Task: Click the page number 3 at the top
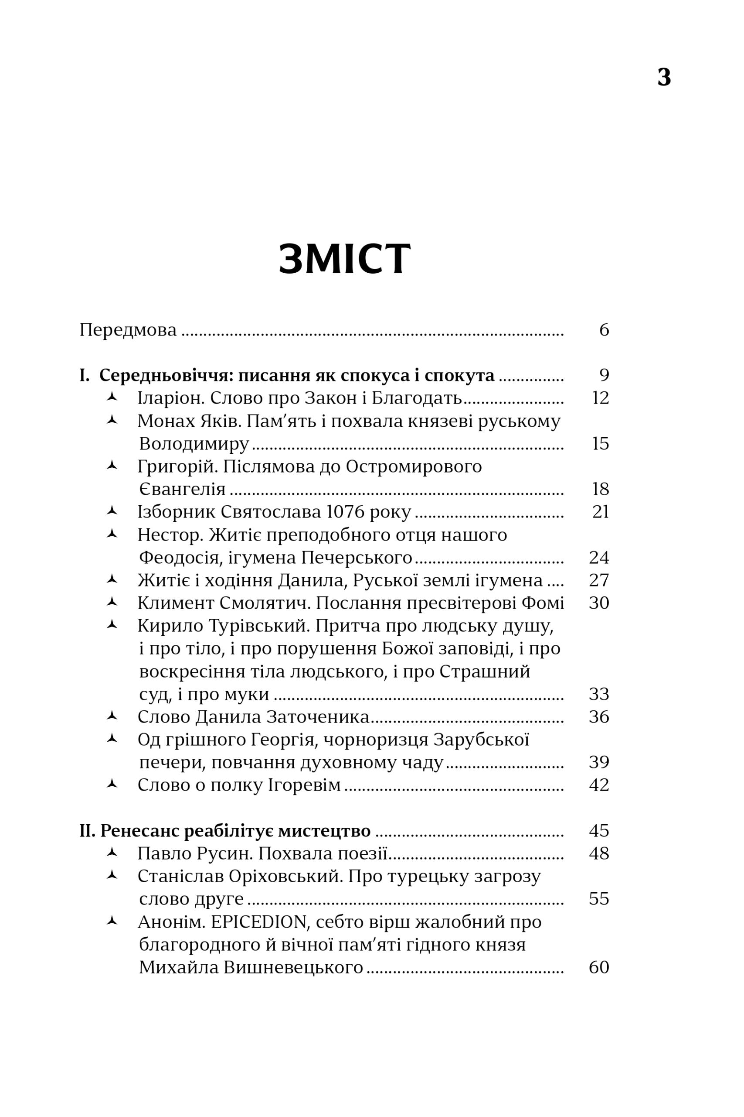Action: pos(664,77)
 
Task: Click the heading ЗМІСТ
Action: pos(344,259)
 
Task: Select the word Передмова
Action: pos(128,329)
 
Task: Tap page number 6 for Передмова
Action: pos(604,329)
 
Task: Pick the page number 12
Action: pos(600,398)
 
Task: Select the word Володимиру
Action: pos(194,444)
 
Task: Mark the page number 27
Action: pos(599,580)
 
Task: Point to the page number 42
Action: pos(599,785)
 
